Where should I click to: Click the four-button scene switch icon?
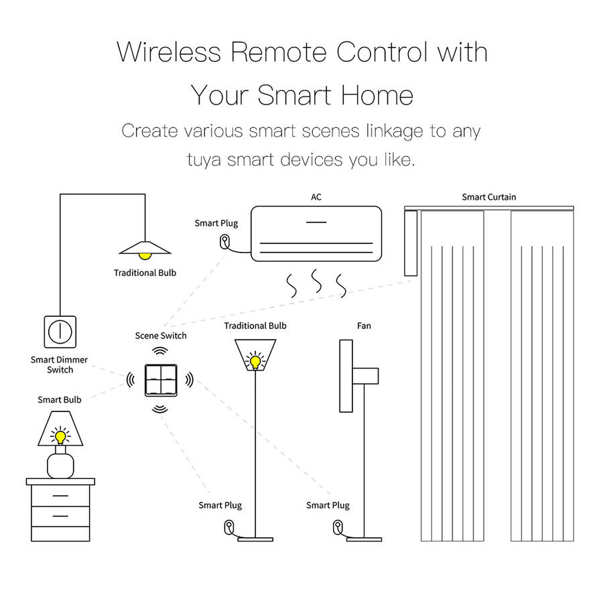161,380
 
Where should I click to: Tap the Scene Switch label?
161,336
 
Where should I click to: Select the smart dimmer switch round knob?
60,332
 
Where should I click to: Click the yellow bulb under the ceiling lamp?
145,256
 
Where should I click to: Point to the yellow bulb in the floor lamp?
255,362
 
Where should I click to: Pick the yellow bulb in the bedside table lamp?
60,437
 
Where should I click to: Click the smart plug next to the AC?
224,242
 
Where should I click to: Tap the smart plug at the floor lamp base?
229,527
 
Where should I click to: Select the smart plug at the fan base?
338,527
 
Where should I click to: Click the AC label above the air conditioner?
316,197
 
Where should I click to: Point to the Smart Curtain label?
489,197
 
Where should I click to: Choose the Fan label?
364,326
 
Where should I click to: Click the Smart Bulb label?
60,400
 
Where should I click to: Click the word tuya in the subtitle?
204,160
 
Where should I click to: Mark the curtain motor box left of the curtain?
411,243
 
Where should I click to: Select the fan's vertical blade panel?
346,376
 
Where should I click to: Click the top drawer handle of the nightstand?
60,496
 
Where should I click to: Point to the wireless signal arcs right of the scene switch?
189,380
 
